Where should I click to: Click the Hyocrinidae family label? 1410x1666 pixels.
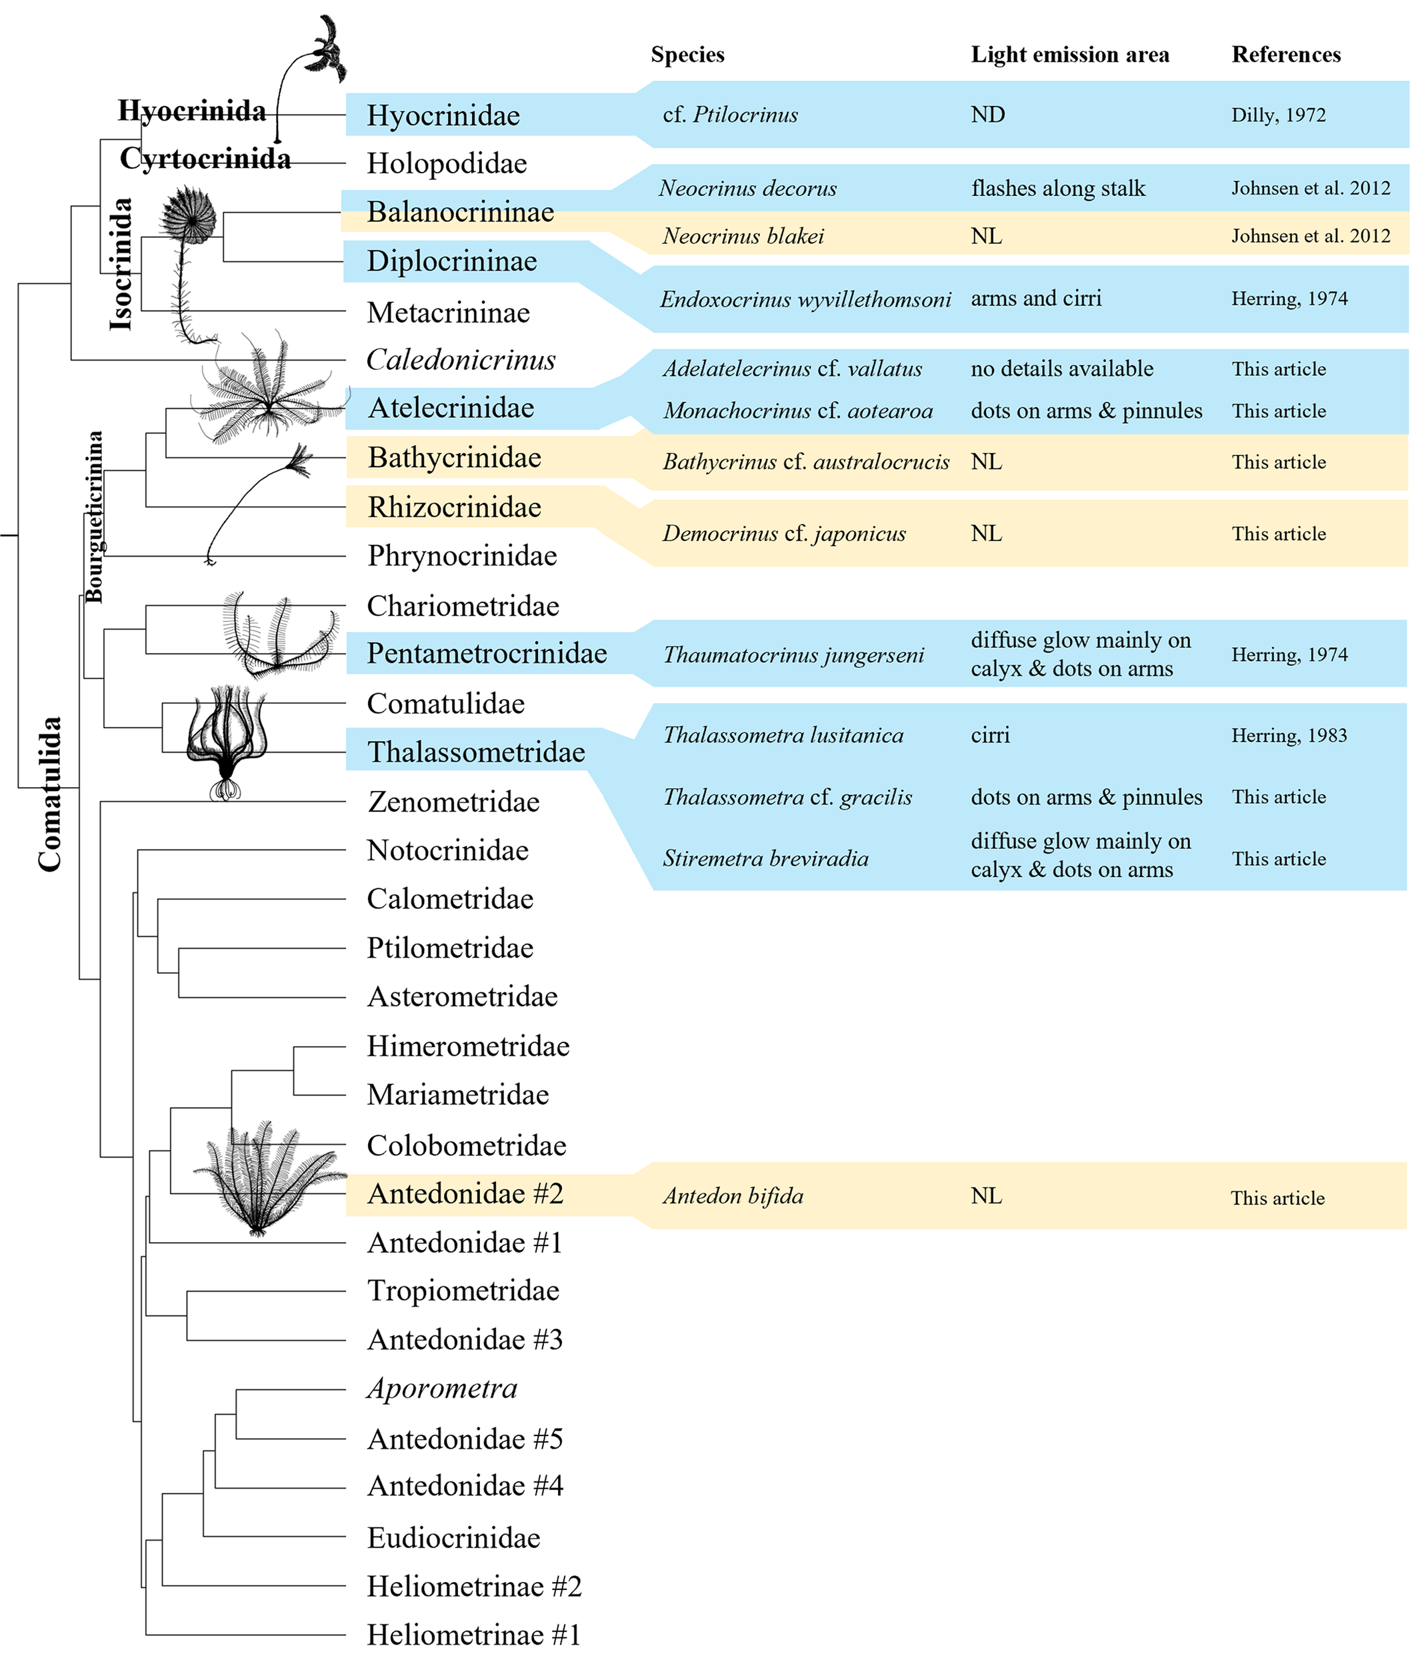(443, 116)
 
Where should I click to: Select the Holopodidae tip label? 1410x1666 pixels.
(447, 164)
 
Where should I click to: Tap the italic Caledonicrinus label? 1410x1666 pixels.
(461, 361)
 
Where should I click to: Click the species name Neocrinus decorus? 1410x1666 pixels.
(747, 189)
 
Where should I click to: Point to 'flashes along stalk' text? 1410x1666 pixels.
(1057, 189)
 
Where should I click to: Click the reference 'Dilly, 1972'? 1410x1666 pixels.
(1277, 115)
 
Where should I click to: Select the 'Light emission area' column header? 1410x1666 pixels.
(1069, 55)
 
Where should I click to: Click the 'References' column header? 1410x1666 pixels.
(1285, 55)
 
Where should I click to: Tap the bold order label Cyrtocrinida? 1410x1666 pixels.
(205, 158)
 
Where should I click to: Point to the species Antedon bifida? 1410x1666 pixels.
(733, 1196)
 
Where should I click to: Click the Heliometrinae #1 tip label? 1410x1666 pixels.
(473, 1635)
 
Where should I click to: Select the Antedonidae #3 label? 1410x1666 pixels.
(465, 1340)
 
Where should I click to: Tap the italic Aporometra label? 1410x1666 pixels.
(442, 1389)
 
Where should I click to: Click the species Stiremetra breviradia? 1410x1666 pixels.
(765, 859)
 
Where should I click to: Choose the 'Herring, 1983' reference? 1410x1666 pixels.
(1289, 736)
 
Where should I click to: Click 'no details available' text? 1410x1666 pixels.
(1061, 369)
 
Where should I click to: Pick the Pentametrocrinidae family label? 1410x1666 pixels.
(487, 654)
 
